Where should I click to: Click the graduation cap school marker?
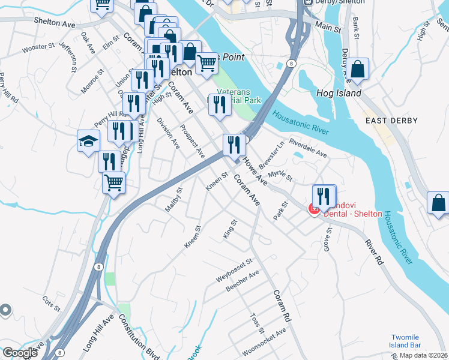[88, 142]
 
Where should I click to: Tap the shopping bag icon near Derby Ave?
[358, 69]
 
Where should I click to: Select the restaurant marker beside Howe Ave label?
[232, 144]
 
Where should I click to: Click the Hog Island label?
[339, 93]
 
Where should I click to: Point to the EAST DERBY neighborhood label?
[391, 121]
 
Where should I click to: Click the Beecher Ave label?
[242, 281]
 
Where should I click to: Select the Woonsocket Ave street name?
[264, 341]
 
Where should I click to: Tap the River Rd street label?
[372, 252]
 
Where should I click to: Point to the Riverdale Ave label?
[307, 149]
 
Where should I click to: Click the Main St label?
[328, 28]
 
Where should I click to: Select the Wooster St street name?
[38, 47]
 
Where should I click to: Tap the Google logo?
[20, 353]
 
